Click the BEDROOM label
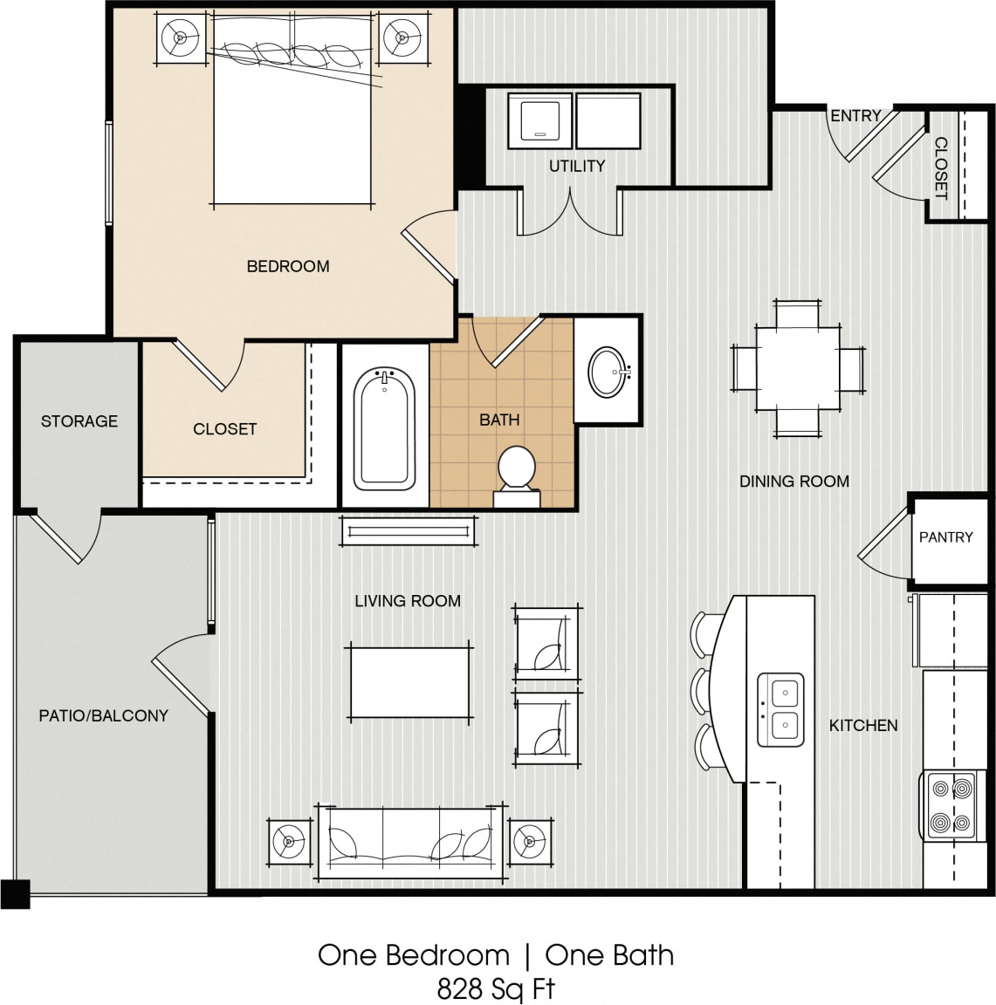288,266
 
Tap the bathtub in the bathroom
384,428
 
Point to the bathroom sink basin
608,373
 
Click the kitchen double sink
780,708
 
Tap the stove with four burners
951,805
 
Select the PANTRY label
945,537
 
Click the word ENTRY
855,116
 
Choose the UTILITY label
577,166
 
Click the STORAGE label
79,421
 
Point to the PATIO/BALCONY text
103,715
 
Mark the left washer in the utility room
540,119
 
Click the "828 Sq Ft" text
496,988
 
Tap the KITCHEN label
862,725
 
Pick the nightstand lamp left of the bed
181,38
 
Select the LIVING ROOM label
408,601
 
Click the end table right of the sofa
530,843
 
